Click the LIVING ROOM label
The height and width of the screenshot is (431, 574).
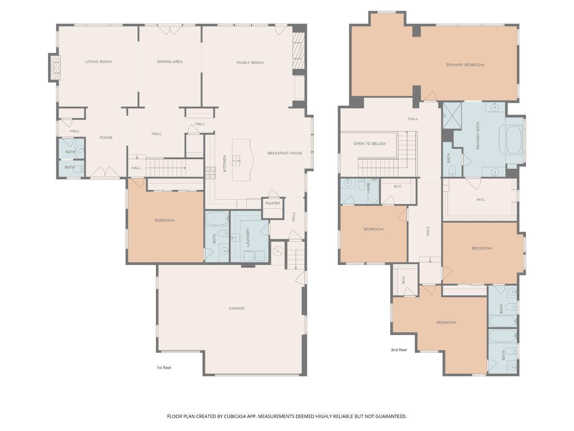98,62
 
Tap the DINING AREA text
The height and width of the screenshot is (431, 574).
170,62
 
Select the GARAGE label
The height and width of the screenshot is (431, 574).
237,308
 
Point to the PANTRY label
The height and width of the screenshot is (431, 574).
273,204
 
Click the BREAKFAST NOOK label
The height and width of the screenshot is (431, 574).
285,153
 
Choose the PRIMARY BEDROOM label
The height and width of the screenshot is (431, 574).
465,65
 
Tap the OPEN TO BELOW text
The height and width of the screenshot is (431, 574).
370,144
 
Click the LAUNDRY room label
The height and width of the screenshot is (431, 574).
248,238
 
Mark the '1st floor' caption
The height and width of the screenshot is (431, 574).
164,368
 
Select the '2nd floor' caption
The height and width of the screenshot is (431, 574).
399,350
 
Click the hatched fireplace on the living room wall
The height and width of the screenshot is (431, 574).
55,68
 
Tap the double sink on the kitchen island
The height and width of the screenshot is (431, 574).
237,160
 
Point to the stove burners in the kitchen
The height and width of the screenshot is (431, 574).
210,172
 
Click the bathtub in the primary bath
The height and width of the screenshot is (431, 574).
514,140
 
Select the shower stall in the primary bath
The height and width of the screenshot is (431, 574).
452,115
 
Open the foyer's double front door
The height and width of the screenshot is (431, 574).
104,172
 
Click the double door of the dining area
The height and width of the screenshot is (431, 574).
170,30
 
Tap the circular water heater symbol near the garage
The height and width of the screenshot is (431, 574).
278,251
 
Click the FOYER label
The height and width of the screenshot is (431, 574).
106,138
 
